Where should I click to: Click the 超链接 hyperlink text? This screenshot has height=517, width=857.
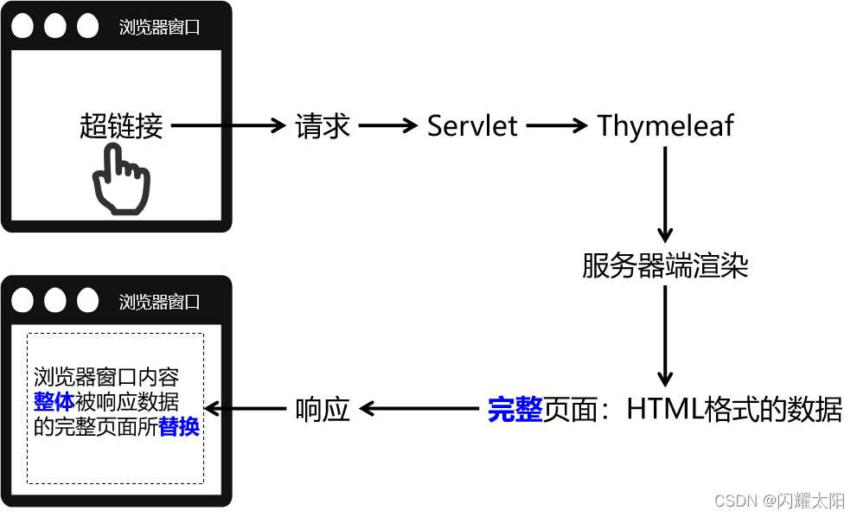pos(121,126)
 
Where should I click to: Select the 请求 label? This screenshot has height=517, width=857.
pos(323,126)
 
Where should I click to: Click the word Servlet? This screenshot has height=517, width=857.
pos(472,126)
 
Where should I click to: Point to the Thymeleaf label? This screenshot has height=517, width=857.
pos(665,126)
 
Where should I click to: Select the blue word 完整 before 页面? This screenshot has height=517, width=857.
pos(515,409)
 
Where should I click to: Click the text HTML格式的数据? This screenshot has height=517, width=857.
pos(734,409)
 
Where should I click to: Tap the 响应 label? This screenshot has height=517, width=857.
pos(323,409)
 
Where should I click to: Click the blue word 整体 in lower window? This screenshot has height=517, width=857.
pos(54,402)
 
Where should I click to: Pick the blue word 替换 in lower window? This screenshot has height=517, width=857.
pos(179,427)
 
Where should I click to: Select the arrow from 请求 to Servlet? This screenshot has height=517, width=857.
pos(388,126)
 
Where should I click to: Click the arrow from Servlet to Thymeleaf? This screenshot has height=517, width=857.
pos(556,126)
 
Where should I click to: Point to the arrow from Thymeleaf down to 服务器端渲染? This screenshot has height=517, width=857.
pos(665,195)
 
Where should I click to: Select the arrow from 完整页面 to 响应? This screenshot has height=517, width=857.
pos(419,409)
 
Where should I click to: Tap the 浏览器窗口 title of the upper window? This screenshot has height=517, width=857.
pos(159,27)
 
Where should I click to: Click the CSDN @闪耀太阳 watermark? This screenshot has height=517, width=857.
pos(780,501)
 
